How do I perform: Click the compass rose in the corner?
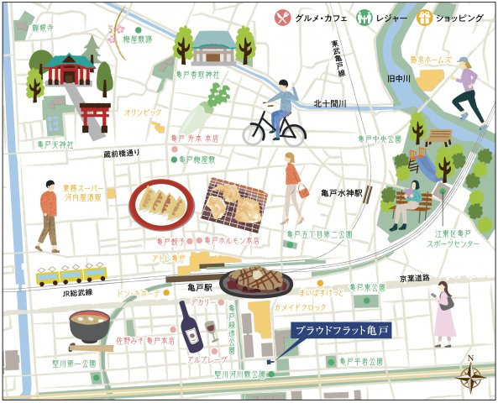pyautogui.click(x=471, y=375)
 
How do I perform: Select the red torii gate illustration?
pyautogui.click(x=95, y=118)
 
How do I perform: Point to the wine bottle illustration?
pyautogui.click(x=191, y=327)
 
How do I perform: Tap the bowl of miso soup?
pyautogui.click(x=86, y=327)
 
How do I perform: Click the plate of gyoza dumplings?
pyautogui.click(x=162, y=204)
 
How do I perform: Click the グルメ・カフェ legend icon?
pyautogui.click(x=281, y=17)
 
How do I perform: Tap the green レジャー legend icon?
pyautogui.click(x=364, y=17)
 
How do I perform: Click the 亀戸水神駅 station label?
pyautogui.click(x=340, y=193)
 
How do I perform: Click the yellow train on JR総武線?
pyautogui.click(x=71, y=275)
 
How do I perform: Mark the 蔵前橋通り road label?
pyautogui.click(x=122, y=154)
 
